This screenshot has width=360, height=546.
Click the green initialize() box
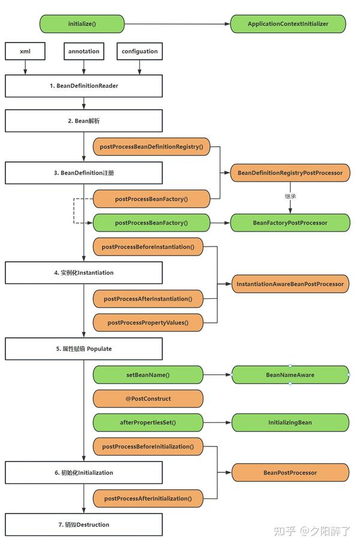click(82, 24)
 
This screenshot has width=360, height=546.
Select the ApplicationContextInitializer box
click(288, 24)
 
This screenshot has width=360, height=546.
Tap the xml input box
click(25, 52)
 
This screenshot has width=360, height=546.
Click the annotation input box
click(84, 52)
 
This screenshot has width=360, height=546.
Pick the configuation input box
click(140, 52)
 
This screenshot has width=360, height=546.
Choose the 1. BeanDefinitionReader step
click(84, 86)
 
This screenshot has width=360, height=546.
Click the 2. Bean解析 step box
click(84, 121)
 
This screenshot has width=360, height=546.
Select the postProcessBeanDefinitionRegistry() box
click(151, 147)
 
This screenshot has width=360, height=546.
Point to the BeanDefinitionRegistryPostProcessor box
click(290, 173)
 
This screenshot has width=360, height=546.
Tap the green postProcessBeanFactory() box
click(151, 223)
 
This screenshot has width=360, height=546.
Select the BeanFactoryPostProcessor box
click(290, 223)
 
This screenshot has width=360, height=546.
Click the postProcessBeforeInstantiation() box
click(148, 247)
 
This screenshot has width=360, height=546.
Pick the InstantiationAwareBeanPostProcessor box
click(290, 284)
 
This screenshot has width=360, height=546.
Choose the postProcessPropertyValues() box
click(148, 322)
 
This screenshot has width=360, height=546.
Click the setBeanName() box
click(148, 375)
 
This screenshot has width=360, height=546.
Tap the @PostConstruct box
click(148, 398)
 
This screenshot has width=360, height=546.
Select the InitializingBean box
click(290, 422)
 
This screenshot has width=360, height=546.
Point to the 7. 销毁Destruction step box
click(84, 524)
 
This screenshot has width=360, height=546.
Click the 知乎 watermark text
click(284, 531)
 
